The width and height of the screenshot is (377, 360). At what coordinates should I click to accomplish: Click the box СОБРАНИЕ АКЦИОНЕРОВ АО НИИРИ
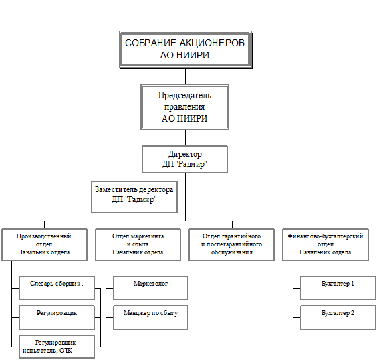[x=186, y=50]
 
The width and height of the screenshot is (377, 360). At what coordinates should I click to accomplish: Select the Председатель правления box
[x=184, y=107]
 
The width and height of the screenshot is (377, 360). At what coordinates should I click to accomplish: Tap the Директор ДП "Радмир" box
[x=184, y=159]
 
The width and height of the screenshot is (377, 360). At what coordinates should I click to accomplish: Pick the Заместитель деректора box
[x=134, y=197]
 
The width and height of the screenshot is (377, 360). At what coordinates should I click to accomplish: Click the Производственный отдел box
[x=44, y=244]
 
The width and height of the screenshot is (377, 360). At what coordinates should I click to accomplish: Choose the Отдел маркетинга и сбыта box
[x=138, y=244]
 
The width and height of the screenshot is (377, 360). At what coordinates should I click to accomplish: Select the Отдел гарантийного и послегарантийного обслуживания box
[x=231, y=244]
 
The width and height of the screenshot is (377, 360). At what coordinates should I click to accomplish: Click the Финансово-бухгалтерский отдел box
[x=326, y=244]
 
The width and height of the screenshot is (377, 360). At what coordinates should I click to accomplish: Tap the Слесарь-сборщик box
[x=57, y=288]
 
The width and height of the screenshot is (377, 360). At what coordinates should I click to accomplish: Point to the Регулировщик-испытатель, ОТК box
[x=57, y=347]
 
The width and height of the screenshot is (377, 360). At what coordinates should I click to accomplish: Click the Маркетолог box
[x=151, y=288]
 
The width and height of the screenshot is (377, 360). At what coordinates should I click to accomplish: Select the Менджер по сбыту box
[x=151, y=317]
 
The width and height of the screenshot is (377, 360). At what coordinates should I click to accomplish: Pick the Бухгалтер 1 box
[x=338, y=288]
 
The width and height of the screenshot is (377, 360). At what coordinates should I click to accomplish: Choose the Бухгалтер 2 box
[x=338, y=317]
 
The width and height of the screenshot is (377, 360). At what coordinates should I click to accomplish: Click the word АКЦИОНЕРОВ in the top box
[x=212, y=43]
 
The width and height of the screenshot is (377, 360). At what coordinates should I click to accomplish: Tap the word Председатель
[x=184, y=96]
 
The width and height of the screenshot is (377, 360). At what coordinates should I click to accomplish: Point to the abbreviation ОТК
[x=66, y=351]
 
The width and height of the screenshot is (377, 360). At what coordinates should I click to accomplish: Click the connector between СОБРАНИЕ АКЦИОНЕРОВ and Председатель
[x=185, y=76]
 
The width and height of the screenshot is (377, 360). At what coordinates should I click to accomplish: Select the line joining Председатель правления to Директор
[x=185, y=138]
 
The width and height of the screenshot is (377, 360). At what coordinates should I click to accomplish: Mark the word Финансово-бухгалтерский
[x=326, y=236]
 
